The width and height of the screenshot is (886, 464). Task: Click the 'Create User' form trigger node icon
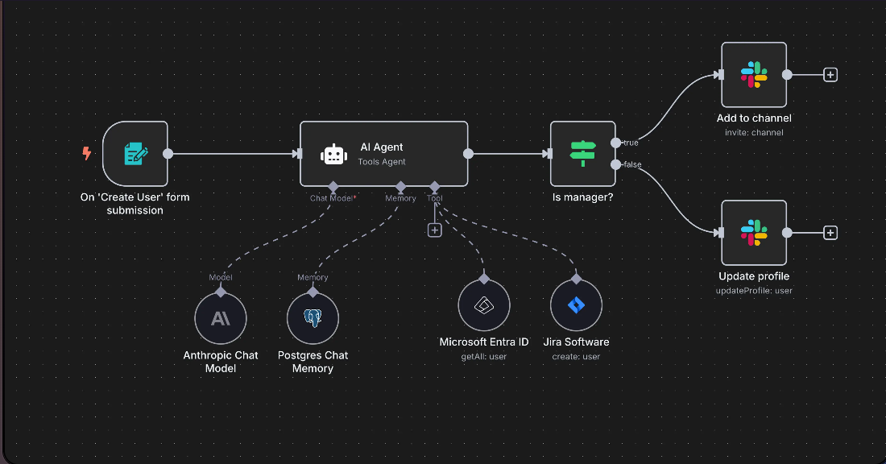pyautogui.click(x=135, y=153)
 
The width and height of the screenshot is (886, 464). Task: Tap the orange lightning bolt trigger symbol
pyautogui.click(x=87, y=153)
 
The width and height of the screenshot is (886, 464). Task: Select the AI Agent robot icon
pyautogui.click(x=333, y=155)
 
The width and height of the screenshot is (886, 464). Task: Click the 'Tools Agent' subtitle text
pyautogui.click(x=381, y=162)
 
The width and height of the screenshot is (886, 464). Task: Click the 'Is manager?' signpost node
pyautogui.click(x=582, y=153)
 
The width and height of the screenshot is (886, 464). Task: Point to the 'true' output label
pyautogui.click(x=631, y=143)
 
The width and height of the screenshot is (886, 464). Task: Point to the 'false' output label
pyautogui.click(x=632, y=164)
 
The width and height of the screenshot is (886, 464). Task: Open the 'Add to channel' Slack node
pyautogui.click(x=753, y=74)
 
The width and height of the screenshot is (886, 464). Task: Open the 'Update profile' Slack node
pyautogui.click(x=753, y=232)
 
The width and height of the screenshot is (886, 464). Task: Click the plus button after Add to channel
pyautogui.click(x=830, y=74)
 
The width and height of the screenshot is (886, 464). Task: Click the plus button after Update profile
pyautogui.click(x=830, y=233)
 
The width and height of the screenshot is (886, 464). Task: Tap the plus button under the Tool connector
pyautogui.click(x=434, y=230)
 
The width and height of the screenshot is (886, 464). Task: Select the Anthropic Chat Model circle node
pyautogui.click(x=220, y=318)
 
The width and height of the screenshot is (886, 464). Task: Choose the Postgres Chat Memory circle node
pyautogui.click(x=313, y=318)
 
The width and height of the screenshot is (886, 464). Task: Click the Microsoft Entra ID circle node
pyautogui.click(x=484, y=306)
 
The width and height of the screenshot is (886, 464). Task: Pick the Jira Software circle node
pyautogui.click(x=576, y=306)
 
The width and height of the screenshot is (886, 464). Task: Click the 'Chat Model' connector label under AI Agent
pyautogui.click(x=332, y=198)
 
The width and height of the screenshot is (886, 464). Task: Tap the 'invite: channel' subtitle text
pyautogui.click(x=753, y=132)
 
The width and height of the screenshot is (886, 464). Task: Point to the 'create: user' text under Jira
pyautogui.click(x=576, y=356)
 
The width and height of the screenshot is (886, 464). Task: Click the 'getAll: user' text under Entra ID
pyautogui.click(x=484, y=356)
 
